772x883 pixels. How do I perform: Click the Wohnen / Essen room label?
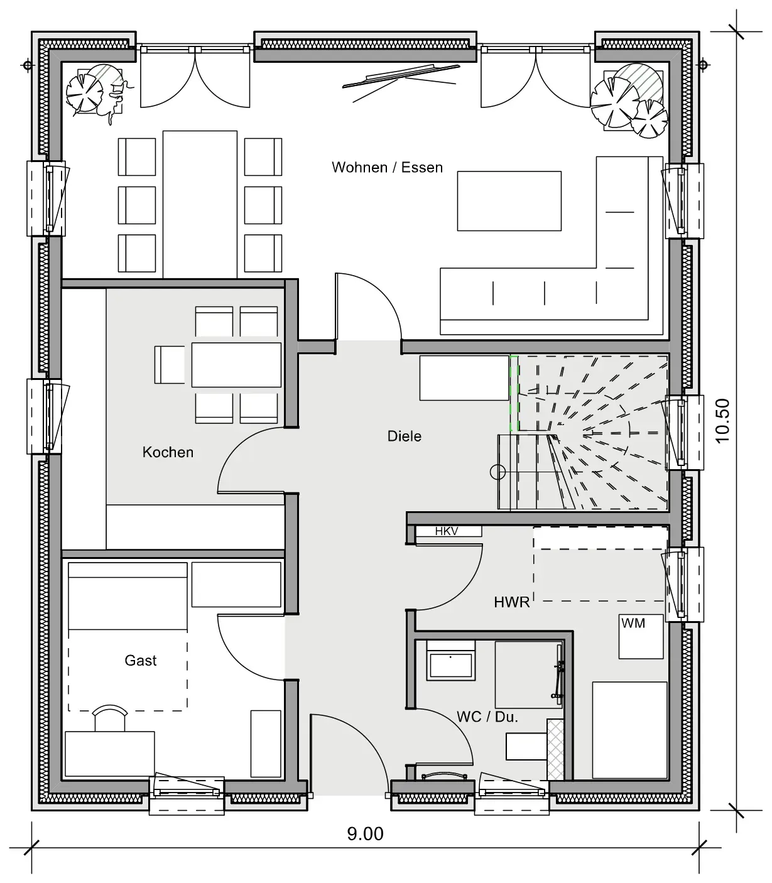pos(387,168)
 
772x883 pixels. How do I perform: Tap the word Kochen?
pos(168,452)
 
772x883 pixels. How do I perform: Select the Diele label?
pos(405,436)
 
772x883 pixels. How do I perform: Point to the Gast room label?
pos(140,660)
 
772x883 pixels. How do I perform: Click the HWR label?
pos(512,602)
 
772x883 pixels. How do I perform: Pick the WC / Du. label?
pos(487,717)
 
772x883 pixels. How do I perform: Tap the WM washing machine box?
pos(641,637)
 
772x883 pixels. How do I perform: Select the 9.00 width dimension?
pos(365,834)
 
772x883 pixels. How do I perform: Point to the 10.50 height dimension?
pos(722,420)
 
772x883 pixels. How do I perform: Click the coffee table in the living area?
pos(509,201)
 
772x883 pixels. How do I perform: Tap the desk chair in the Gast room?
pos(111,718)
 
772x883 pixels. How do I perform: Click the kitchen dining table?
pos(236,365)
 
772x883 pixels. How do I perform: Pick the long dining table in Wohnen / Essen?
pos(200,205)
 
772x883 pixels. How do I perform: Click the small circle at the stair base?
pos(498,472)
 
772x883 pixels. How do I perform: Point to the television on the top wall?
pos(401,77)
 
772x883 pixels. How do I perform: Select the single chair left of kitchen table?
pos(170,365)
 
